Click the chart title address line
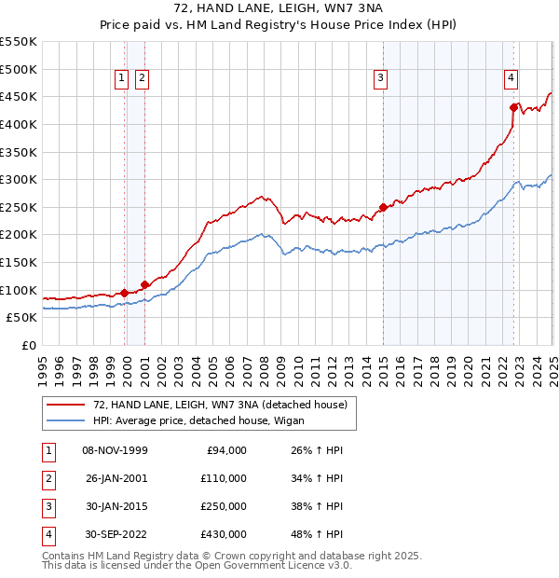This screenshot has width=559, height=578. click(x=279, y=7)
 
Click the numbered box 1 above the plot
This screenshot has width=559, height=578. click(x=122, y=79)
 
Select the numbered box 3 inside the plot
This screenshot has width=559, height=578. click(x=381, y=79)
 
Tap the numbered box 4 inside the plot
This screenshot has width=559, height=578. click(x=511, y=79)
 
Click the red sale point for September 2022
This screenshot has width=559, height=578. click(x=513, y=107)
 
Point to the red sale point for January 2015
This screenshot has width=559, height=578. click(x=383, y=207)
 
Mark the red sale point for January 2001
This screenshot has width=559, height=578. click(x=144, y=284)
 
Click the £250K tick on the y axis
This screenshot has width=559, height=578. click(x=19, y=207)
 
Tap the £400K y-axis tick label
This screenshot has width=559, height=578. click(x=19, y=124)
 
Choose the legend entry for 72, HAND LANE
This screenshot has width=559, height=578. click(x=220, y=405)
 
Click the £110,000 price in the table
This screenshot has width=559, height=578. click(x=224, y=478)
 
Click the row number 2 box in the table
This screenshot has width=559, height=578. click(x=48, y=478)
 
